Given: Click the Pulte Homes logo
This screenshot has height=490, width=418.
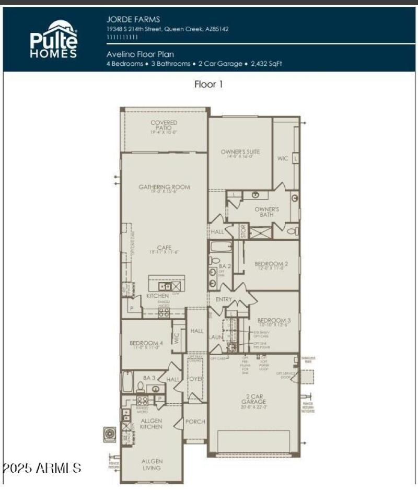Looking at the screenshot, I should tap(54, 40).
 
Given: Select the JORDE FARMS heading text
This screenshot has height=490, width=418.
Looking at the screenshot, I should tap(126, 20).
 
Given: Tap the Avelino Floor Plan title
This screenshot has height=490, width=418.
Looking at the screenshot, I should tap(140, 54).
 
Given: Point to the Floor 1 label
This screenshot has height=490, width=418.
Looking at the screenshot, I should tap(208, 84).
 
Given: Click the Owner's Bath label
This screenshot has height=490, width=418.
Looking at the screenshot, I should tap(267, 212).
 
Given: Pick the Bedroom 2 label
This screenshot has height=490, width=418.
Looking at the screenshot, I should tap(271, 266).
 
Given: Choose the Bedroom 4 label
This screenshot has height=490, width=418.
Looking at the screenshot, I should tap(146, 345).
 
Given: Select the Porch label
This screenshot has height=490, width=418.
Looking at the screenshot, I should tap(195, 422).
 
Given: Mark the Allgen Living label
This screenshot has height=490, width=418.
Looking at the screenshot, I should tap(152, 464).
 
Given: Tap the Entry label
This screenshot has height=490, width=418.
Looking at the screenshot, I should tap(224, 299).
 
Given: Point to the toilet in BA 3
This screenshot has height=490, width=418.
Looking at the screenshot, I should tap(141, 387).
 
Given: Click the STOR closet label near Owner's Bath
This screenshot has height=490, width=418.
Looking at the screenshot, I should tap(242, 230).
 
